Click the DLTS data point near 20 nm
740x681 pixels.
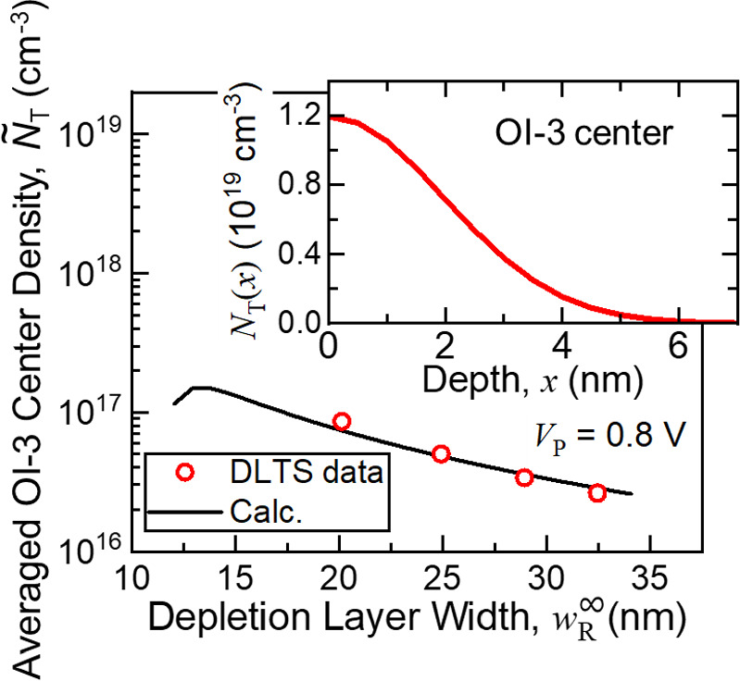(x=341, y=422)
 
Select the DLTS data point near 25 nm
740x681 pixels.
(x=441, y=454)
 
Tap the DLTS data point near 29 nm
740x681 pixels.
(x=524, y=477)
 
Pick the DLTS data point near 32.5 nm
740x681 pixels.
(x=597, y=493)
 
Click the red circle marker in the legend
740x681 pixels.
(x=184, y=473)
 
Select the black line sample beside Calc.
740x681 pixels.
(x=184, y=511)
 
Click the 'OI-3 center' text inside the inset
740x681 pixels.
(x=582, y=136)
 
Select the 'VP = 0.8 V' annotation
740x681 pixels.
(x=626, y=435)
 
